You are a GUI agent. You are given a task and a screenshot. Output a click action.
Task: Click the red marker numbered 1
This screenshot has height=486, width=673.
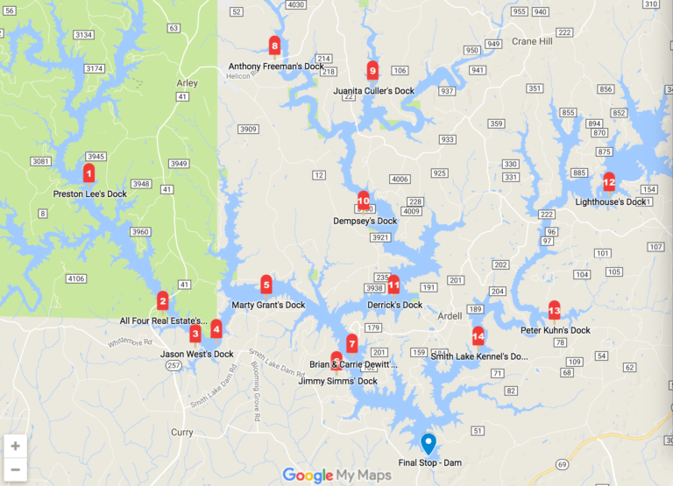click(x=89, y=173)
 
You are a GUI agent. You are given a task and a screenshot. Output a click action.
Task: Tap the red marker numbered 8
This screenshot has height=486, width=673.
click(x=275, y=46)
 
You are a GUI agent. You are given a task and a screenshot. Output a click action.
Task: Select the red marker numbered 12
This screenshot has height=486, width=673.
click(x=609, y=182)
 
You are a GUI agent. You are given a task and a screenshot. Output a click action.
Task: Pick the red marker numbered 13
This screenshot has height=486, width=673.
click(x=554, y=310)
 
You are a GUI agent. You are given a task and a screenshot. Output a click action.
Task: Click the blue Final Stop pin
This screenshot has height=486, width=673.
click(x=428, y=443)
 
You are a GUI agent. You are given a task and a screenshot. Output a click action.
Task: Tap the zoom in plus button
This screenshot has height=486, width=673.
click(x=16, y=446)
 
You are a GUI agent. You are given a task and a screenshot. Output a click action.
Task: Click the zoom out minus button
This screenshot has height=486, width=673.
click(x=16, y=469)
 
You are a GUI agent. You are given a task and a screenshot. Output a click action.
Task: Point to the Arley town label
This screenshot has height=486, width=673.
click(x=187, y=83)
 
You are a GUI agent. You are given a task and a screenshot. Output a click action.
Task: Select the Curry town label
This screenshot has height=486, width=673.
click(x=182, y=433)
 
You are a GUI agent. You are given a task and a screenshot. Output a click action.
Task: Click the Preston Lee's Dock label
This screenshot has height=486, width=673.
click(x=89, y=194)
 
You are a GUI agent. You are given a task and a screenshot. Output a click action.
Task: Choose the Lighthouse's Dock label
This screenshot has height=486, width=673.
click(x=610, y=202)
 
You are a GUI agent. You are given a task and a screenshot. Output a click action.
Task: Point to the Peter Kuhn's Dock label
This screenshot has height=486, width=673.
click(x=555, y=331)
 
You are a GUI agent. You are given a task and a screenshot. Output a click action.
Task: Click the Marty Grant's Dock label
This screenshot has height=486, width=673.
click(x=268, y=306)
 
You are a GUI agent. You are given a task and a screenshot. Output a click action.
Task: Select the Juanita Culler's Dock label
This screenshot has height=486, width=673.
click(x=373, y=91)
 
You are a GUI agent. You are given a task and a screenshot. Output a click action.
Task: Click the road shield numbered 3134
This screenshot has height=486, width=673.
click(x=84, y=34)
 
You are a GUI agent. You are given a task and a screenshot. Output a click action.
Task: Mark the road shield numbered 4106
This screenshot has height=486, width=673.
click(x=76, y=279)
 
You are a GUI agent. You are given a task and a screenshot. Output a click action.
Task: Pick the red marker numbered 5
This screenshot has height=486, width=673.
click(x=266, y=285)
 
